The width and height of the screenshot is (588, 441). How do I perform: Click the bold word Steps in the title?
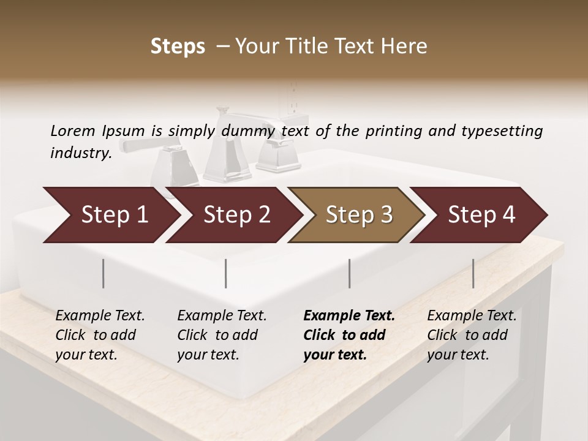(178, 47)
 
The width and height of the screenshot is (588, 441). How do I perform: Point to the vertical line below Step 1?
(104, 273)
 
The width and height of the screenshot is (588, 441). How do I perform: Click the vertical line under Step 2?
(226, 273)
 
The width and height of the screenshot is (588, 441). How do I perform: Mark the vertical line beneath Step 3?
(349, 273)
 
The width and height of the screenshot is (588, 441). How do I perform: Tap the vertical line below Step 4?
(473, 273)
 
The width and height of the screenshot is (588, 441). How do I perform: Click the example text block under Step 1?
(100, 335)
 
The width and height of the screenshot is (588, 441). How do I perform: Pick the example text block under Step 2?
(222, 335)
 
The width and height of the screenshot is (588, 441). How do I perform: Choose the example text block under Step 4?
(472, 335)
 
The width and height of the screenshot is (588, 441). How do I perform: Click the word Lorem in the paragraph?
(73, 130)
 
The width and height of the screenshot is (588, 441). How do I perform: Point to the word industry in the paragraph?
(80, 153)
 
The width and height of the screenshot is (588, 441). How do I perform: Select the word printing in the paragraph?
(393, 130)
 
